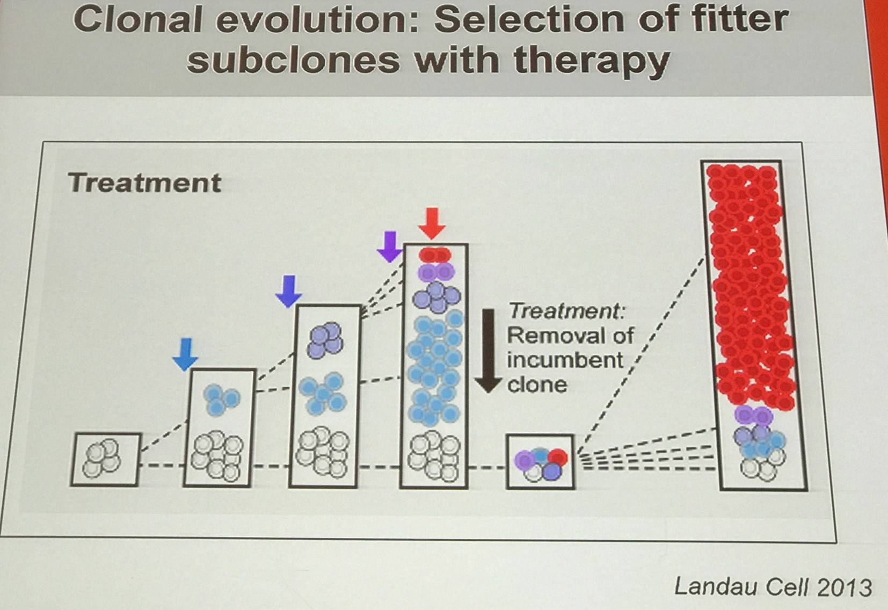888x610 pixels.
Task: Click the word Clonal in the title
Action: point(137,19)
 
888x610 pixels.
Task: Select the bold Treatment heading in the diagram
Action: point(144,183)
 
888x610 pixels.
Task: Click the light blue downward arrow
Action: point(185,354)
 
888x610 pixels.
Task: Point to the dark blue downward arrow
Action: point(289,292)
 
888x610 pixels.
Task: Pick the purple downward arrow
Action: point(390,246)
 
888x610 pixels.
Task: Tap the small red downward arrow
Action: point(432,223)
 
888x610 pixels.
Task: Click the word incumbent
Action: point(565,360)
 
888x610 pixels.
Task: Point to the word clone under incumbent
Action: point(537,384)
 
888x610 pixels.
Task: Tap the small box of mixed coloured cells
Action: point(540,462)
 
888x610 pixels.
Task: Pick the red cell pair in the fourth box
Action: point(435,255)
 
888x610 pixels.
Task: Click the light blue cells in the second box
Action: point(222,400)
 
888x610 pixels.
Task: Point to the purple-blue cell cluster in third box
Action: point(325,340)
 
